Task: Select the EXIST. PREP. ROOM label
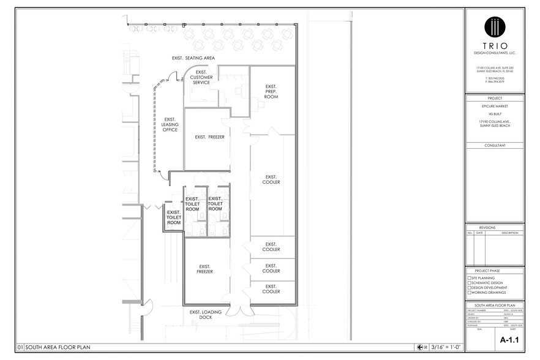tap(271, 92)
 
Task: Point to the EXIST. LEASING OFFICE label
tap(170, 124)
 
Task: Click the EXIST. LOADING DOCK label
tap(205, 314)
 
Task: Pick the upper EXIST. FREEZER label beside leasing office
tap(209, 137)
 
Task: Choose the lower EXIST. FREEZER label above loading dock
tap(205, 269)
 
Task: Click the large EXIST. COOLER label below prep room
tap(271, 179)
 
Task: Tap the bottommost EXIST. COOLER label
tap(271, 288)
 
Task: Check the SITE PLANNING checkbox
tap(470, 277)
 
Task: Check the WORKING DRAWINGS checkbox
tap(470, 292)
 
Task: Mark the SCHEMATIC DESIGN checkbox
tap(470, 282)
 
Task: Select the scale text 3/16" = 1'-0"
tap(446, 347)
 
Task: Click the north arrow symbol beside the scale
tap(420, 347)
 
